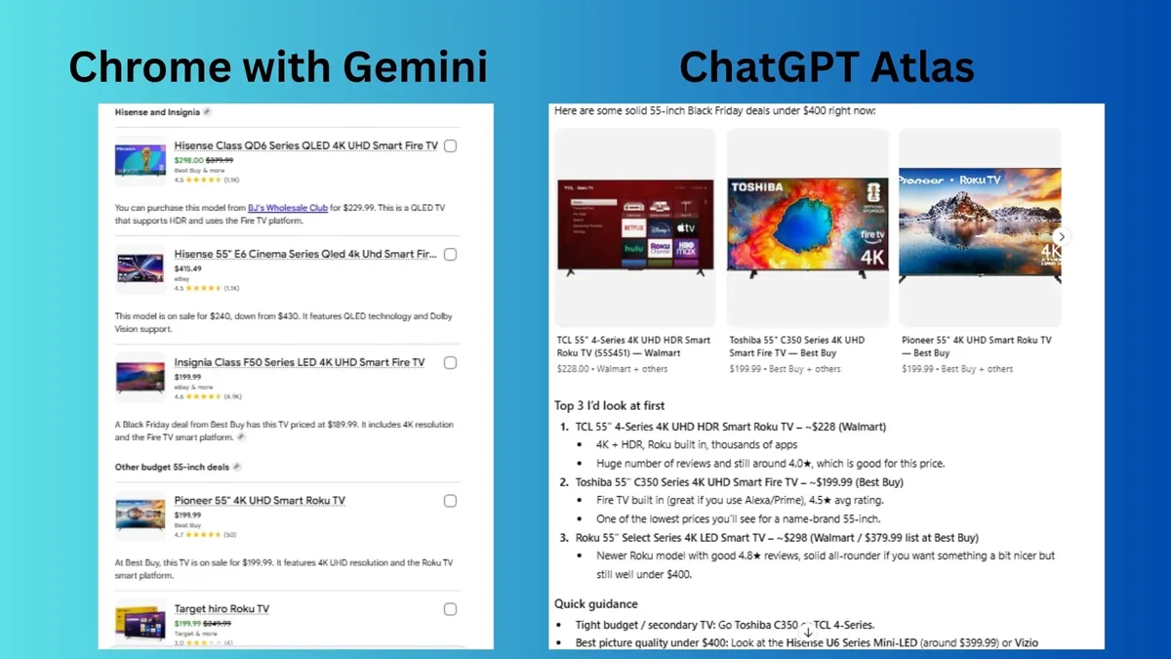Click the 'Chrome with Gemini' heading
pyautogui.click(x=278, y=66)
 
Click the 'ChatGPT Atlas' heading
pyautogui.click(x=827, y=66)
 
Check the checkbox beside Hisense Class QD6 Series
pyautogui.click(x=450, y=145)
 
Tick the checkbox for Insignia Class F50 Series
pyautogui.click(x=450, y=362)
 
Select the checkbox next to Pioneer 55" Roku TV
pyautogui.click(x=450, y=501)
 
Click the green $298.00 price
pyautogui.click(x=188, y=160)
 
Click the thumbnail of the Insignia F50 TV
pyautogui.click(x=140, y=377)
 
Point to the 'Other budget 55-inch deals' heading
pyautogui.click(x=172, y=467)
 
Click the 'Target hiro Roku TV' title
pyautogui.click(x=222, y=609)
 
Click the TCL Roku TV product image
pyautogui.click(x=635, y=226)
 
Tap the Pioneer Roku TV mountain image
pyautogui.click(x=979, y=226)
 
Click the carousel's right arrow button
pyautogui.click(x=1062, y=236)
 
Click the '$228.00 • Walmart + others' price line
pyautogui.click(x=612, y=369)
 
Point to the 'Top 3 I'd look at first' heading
pyautogui.click(x=611, y=405)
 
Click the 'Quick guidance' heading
pyautogui.click(x=596, y=603)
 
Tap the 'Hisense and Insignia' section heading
pyautogui.click(x=157, y=112)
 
